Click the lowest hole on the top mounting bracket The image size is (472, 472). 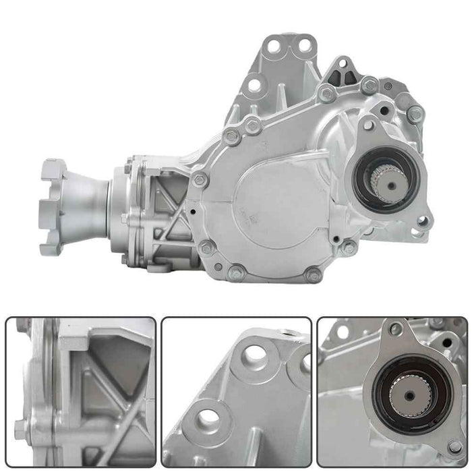pos(254,86)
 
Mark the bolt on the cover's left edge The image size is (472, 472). pos(200,179)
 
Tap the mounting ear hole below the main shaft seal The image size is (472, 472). pos(423,221)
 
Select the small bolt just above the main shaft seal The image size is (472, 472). pos(368,125)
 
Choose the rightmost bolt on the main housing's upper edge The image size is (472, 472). pos(415,114)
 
